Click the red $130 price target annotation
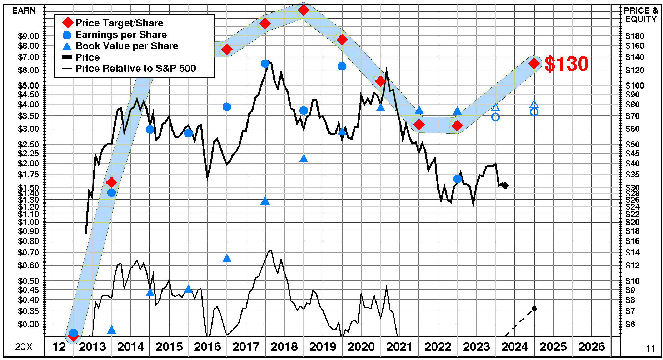pos(566,64)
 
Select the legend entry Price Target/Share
pos(119,23)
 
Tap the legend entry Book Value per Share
pos(126,46)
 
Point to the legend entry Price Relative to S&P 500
pos(135,68)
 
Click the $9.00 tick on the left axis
pos(28,36)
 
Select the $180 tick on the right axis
pos(635,36)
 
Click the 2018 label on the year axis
pos(284,346)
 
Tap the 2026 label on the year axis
pos(592,346)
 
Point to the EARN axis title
pos(24,11)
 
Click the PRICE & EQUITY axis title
pos(641,15)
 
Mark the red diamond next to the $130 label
pos(534,64)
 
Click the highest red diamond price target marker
pos(303,10)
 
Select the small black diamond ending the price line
pos(505,186)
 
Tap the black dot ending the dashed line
pos(534,309)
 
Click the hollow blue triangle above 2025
pos(534,104)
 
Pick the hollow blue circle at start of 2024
pos(495,117)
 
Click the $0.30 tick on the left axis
pos(28,324)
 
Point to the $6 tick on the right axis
pos(630,324)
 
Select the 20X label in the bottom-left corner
pos(24,347)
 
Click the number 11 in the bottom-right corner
pos(650,349)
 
